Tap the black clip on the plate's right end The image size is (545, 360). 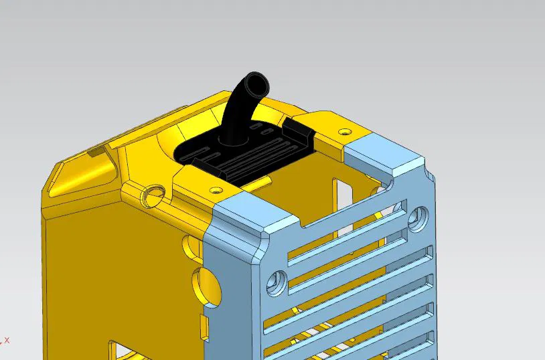pyautogui.click(x=297, y=128)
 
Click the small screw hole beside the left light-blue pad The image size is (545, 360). pyautogui.click(x=216, y=190)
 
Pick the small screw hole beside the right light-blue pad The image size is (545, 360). pyautogui.click(x=345, y=131)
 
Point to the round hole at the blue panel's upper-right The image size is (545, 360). pyautogui.click(x=420, y=215)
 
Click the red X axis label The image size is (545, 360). pyautogui.click(x=7, y=340)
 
